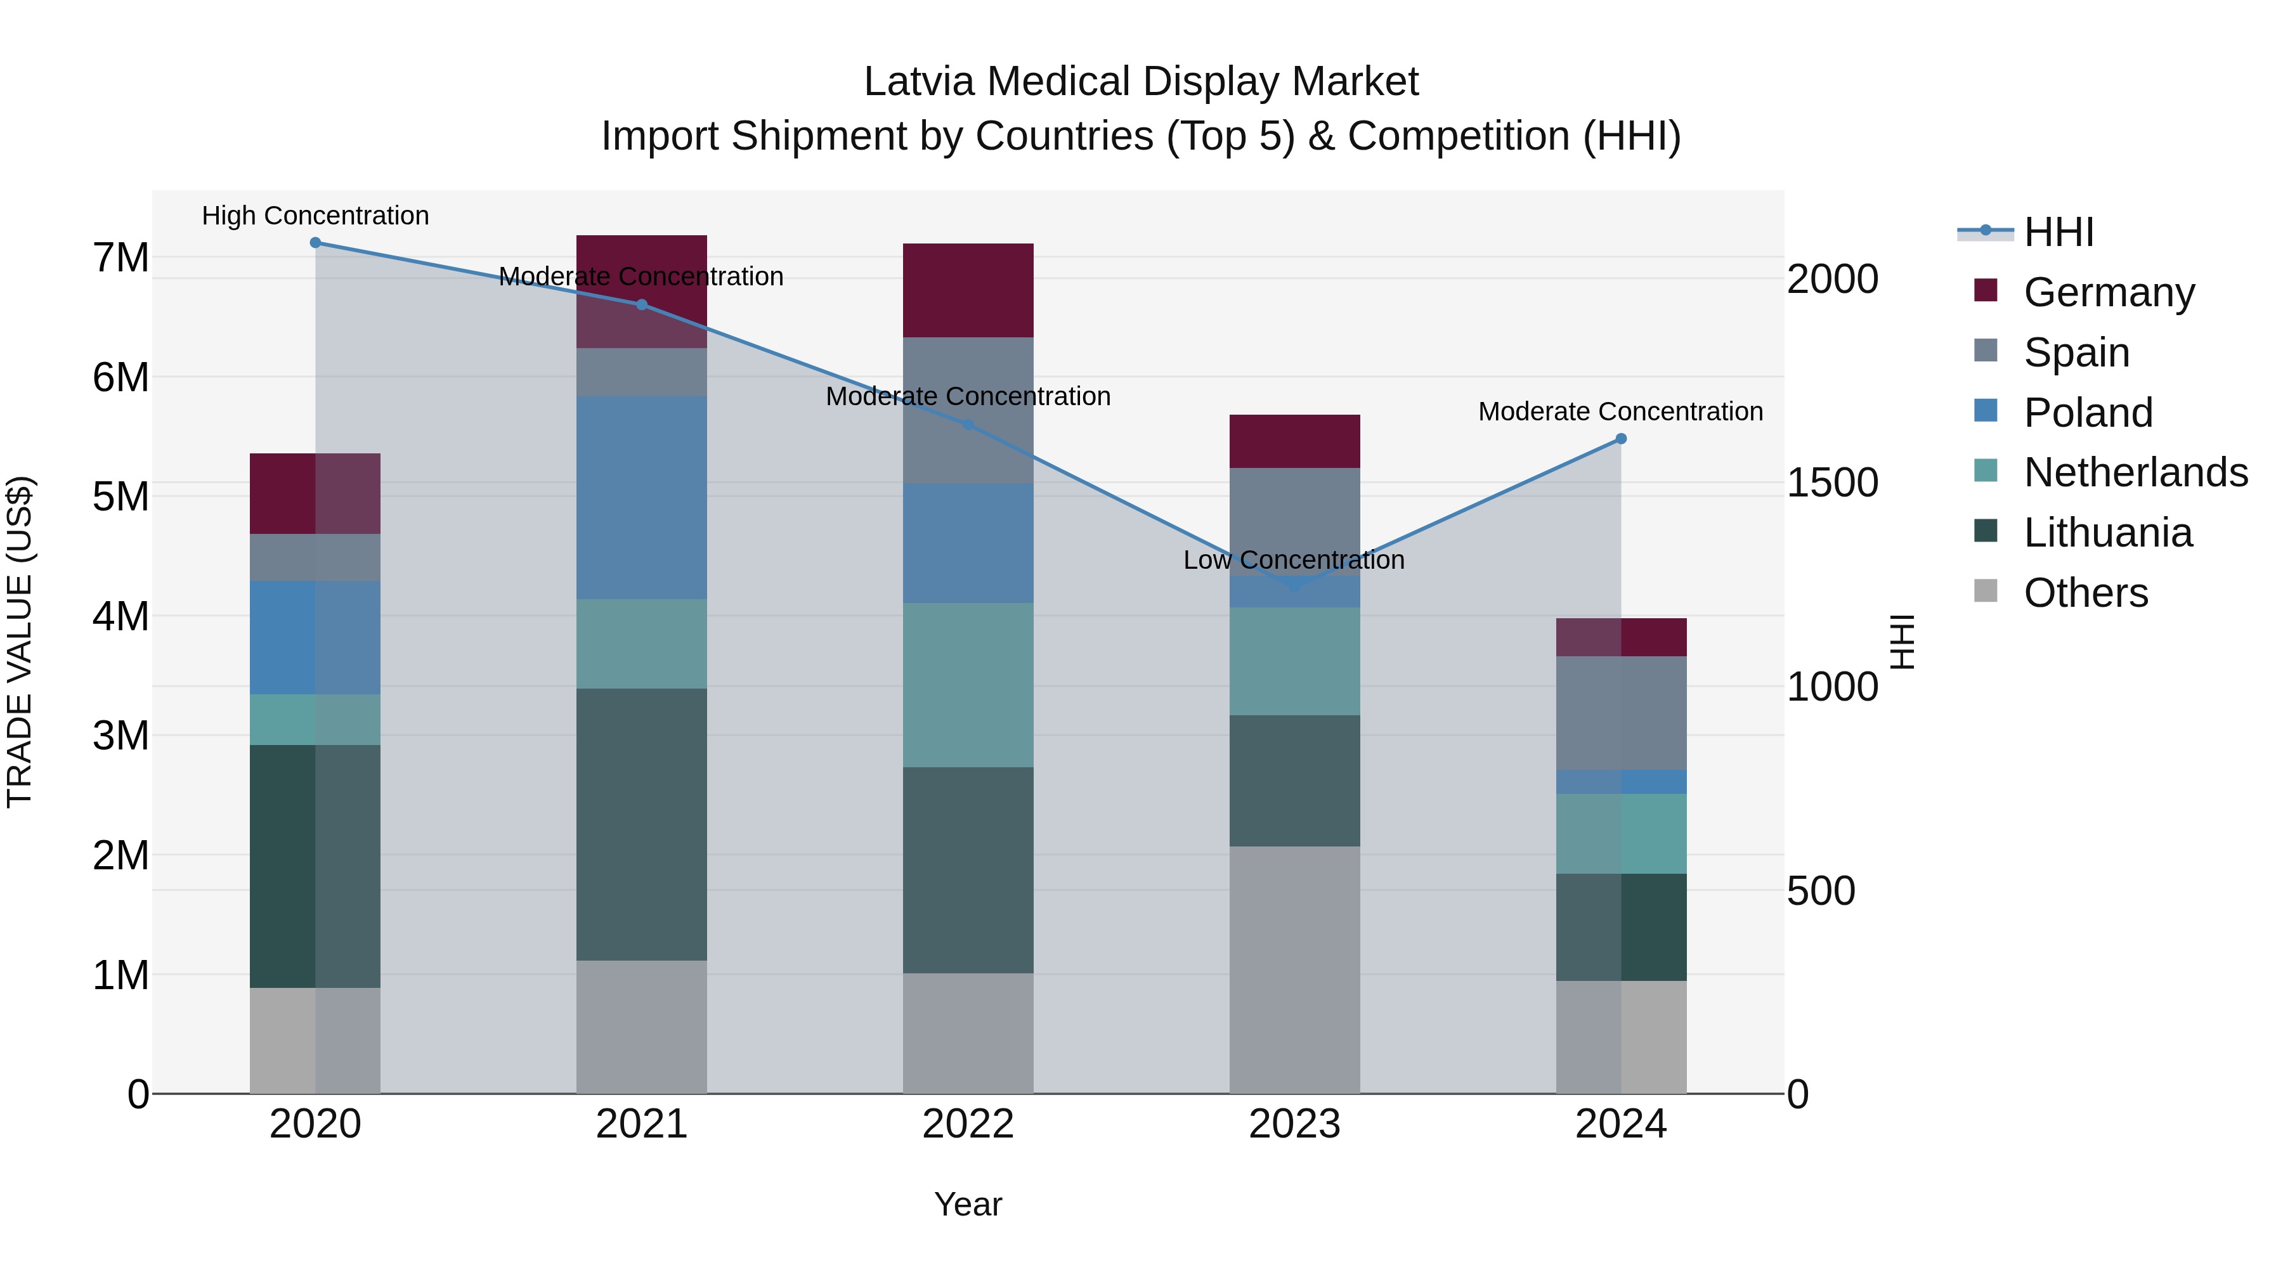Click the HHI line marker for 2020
[316, 243]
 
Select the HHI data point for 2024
[1621, 439]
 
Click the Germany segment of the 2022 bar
[968, 290]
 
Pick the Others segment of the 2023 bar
[1295, 969]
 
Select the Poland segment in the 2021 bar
[642, 498]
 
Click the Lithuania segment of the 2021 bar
[642, 824]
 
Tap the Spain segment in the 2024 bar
[1621, 713]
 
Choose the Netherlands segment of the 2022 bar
[968, 685]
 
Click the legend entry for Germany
[2109, 292]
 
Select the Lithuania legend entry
[2107, 533]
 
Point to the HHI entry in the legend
[2058, 232]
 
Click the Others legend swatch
[1986, 591]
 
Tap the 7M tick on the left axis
[120, 258]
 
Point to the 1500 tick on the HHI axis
[1832, 483]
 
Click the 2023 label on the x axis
[1295, 1124]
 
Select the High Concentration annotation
[316, 216]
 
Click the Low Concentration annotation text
[1294, 560]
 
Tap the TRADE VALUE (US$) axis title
[20, 642]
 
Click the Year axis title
[968, 1204]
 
